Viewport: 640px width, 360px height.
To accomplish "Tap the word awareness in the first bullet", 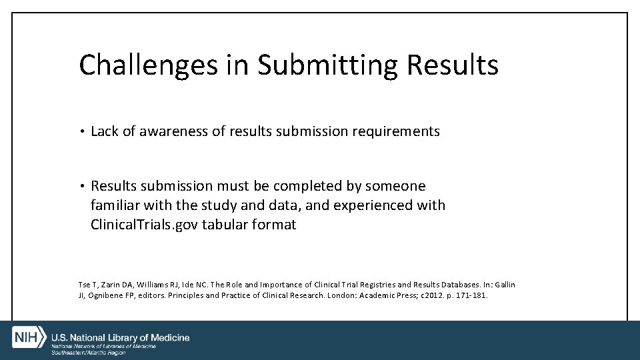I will click(x=173, y=131).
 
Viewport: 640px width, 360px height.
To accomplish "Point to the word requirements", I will click(x=398, y=131).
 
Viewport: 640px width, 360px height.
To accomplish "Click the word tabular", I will click(x=227, y=224).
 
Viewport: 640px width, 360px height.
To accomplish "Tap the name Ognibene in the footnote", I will click(x=106, y=295).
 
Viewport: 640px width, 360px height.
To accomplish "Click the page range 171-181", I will click(x=474, y=295).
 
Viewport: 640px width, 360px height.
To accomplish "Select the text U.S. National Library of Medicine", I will click(x=121, y=337).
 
